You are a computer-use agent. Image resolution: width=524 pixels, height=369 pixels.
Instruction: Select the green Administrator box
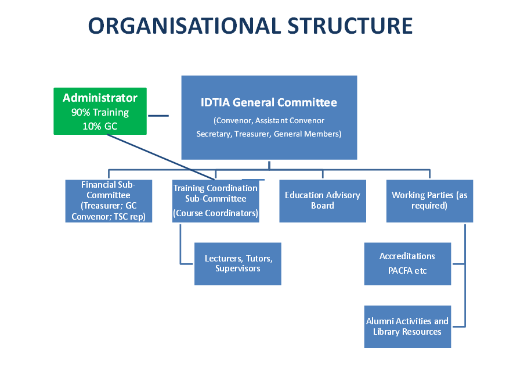[x=100, y=111]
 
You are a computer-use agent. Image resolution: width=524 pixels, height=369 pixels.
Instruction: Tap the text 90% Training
[x=100, y=113]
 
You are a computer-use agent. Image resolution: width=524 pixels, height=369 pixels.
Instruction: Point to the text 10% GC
[x=100, y=126]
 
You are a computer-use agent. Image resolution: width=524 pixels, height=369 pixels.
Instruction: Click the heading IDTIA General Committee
[x=269, y=103]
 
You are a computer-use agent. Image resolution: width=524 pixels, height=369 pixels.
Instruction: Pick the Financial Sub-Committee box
[x=109, y=201]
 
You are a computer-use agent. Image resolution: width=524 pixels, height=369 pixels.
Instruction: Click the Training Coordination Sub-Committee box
[x=215, y=201]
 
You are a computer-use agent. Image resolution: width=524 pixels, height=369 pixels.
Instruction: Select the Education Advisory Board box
[x=322, y=201]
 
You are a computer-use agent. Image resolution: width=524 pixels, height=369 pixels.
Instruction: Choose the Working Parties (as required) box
[x=429, y=201]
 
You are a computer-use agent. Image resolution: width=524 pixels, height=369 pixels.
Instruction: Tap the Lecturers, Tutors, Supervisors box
[x=238, y=264]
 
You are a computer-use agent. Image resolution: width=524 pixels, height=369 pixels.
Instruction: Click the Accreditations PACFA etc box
[x=407, y=264]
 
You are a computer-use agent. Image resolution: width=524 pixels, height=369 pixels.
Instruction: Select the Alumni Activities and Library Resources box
[x=407, y=327]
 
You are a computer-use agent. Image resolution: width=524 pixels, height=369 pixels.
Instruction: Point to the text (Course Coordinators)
[x=215, y=213]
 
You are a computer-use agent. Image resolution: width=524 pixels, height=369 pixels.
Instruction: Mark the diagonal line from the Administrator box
[x=174, y=154]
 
